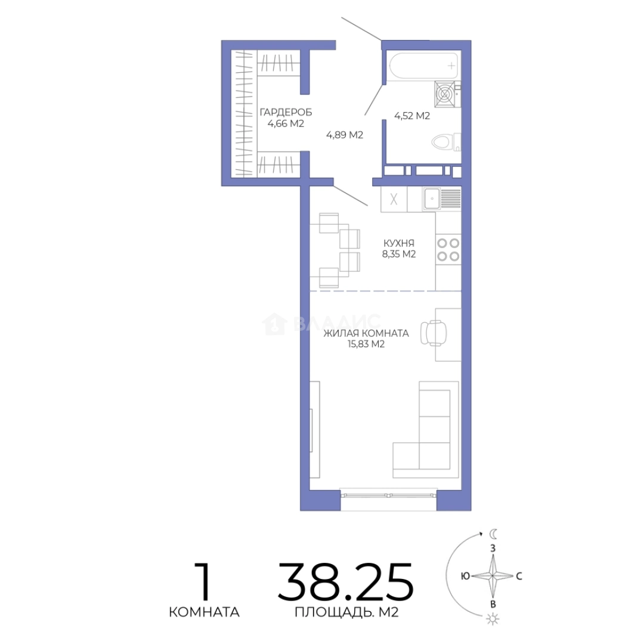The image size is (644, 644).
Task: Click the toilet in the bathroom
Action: click(446, 142)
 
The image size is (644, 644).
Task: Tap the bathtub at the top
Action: click(423, 66)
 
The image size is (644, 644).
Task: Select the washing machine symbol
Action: click(445, 94)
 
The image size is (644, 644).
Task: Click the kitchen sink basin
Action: click(432, 199)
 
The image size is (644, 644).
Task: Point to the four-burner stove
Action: click(448, 250)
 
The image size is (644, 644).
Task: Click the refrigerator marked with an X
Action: click(394, 199)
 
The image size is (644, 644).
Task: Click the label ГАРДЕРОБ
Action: click(286, 112)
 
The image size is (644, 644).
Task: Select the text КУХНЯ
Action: click(399, 243)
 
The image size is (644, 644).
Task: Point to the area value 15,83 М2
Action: click(366, 344)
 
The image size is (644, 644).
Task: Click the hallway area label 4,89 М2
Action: click(345, 135)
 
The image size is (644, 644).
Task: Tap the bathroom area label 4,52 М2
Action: click(412, 116)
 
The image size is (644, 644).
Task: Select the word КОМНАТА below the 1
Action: click(204, 612)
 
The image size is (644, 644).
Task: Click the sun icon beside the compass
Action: click(492, 619)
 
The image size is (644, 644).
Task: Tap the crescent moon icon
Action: click(493, 534)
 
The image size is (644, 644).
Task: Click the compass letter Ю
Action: click(465, 576)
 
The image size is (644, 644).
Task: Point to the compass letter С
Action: click(519, 576)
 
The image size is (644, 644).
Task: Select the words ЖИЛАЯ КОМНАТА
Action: click(366, 333)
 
